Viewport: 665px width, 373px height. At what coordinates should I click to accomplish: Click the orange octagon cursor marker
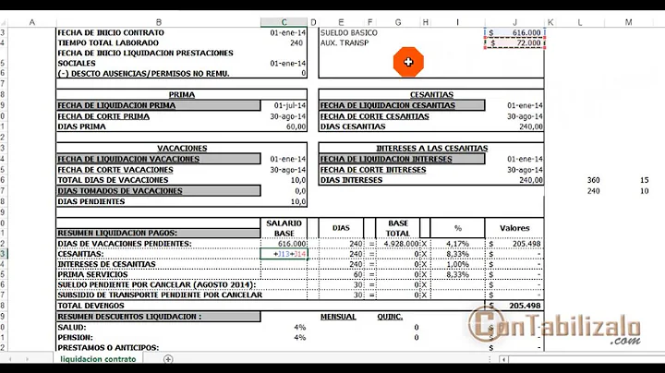coord(407,62)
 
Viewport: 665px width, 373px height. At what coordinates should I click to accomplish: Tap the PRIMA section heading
coord(181,94)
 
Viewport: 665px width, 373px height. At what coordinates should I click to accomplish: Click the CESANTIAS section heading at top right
coord(430,94)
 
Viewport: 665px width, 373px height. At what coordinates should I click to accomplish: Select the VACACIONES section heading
coord(181,148)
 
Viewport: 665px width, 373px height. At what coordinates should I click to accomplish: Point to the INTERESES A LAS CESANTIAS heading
coord(431,148)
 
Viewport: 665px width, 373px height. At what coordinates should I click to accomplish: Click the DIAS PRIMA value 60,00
coord(292,126)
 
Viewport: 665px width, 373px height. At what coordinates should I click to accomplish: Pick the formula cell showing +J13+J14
coord(289,254)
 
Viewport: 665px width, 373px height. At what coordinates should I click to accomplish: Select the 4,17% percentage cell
coord(456,244)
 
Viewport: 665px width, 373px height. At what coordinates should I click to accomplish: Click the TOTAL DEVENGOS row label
coord(82,305)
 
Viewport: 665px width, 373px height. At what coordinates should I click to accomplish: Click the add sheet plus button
coord(168,358)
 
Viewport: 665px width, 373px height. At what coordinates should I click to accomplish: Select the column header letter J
coord(514,21)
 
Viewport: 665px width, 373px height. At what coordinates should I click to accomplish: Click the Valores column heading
coord(514,228)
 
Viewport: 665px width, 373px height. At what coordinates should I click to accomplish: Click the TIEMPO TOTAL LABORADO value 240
coord(296,42)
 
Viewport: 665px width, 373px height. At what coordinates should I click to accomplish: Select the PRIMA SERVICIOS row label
coord(92,274)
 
